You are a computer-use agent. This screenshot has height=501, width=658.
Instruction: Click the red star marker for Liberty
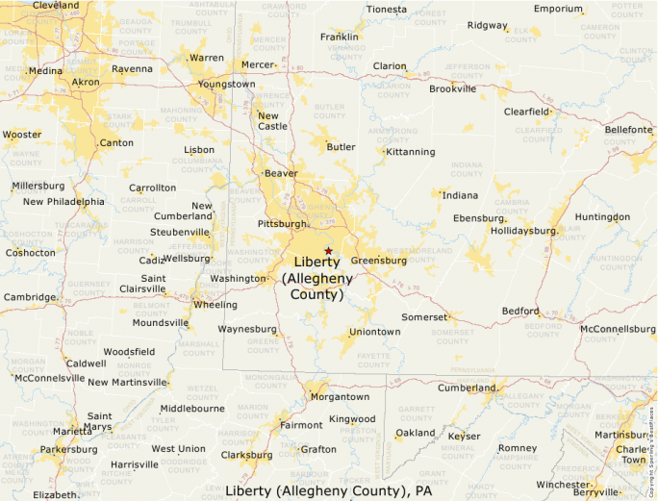coord(328,250)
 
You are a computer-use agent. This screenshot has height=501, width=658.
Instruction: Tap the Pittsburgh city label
coord(282,224)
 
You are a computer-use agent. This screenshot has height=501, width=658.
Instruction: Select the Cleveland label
coord(56,6)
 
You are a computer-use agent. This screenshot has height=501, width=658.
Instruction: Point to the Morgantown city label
coord(339,396)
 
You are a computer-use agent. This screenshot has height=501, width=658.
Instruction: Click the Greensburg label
coord(379,261)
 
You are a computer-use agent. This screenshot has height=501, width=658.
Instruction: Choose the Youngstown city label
coord(227,84)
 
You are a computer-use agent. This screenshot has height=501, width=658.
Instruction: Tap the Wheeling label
coord(215,305)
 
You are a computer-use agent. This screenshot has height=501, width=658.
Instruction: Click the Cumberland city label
coord(467,388)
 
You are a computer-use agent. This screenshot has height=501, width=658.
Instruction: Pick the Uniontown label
coord(374,332)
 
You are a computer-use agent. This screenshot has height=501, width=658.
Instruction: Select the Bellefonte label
coord(629,130)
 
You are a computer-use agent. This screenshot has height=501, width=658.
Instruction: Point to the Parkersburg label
coord(68,449)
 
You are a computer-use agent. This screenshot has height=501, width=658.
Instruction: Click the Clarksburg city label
coord(247,455)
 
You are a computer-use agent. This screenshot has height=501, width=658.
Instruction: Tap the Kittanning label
coord(411,152)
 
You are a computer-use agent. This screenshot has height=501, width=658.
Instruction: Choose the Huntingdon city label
coord(602,216)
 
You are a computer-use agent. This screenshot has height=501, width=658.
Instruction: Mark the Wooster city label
coord(22,135)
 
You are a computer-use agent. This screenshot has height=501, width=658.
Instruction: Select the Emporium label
coord(559,9)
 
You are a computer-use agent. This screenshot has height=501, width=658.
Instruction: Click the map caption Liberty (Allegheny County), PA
coord(329,490)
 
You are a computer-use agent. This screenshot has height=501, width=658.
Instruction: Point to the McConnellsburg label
coord(618,329)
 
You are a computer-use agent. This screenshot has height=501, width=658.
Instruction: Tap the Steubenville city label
coord(180,232)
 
